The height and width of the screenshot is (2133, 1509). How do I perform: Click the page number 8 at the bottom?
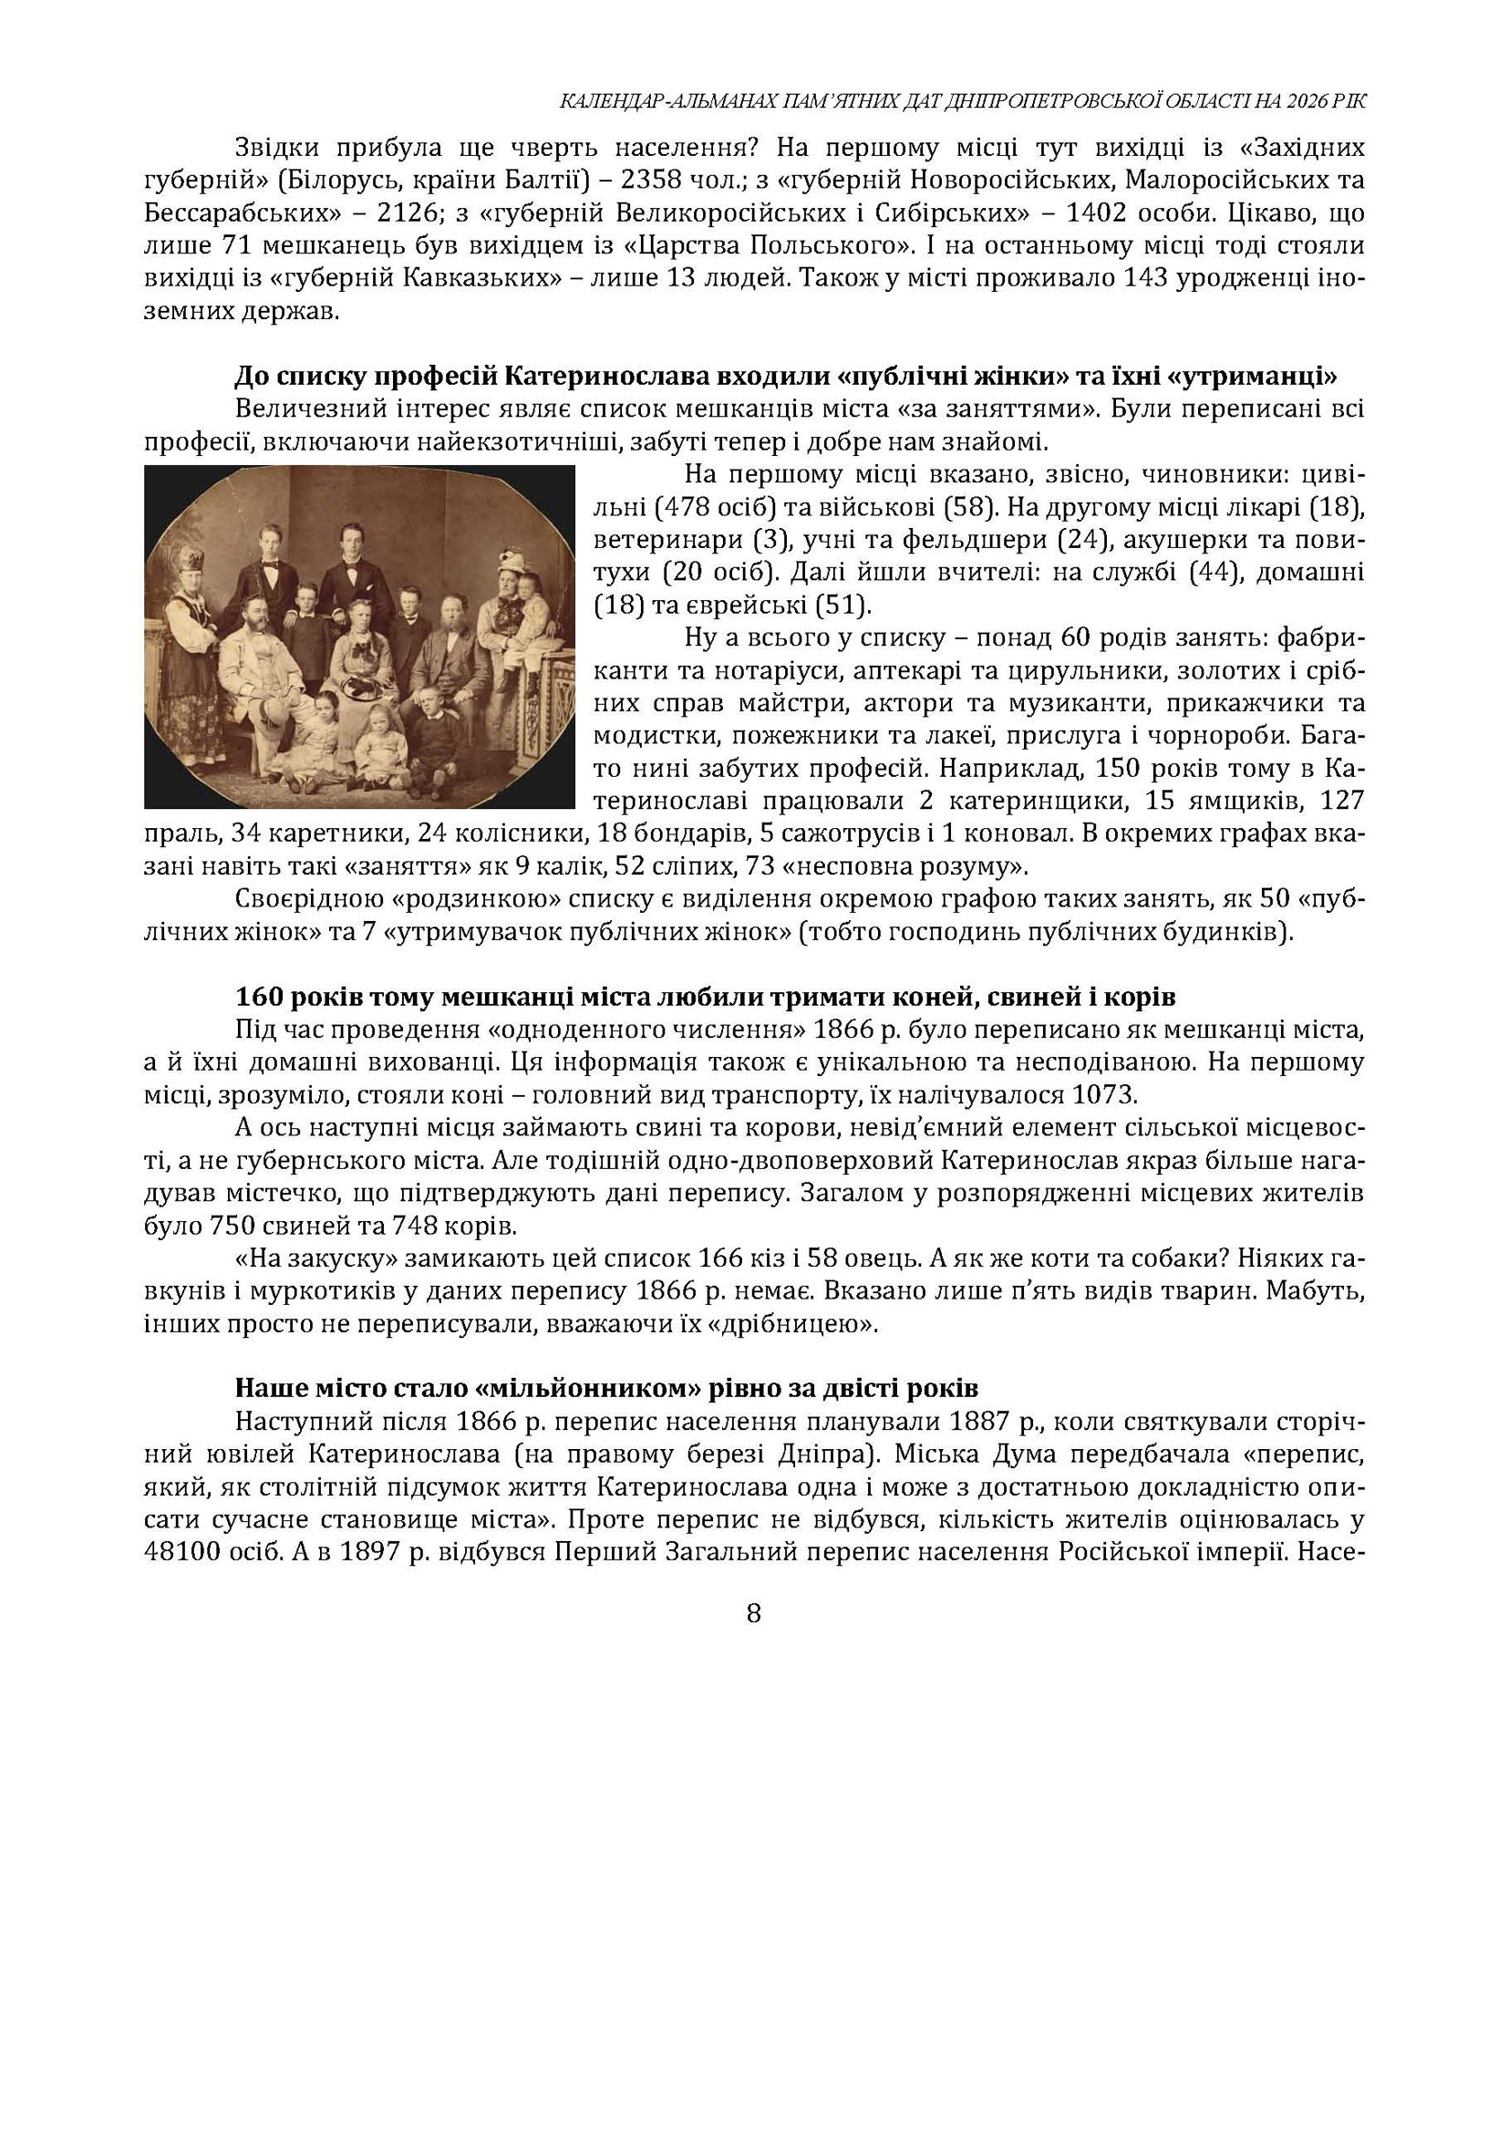click(753, 1613)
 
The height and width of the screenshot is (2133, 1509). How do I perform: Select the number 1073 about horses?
click(1104, 1094)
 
